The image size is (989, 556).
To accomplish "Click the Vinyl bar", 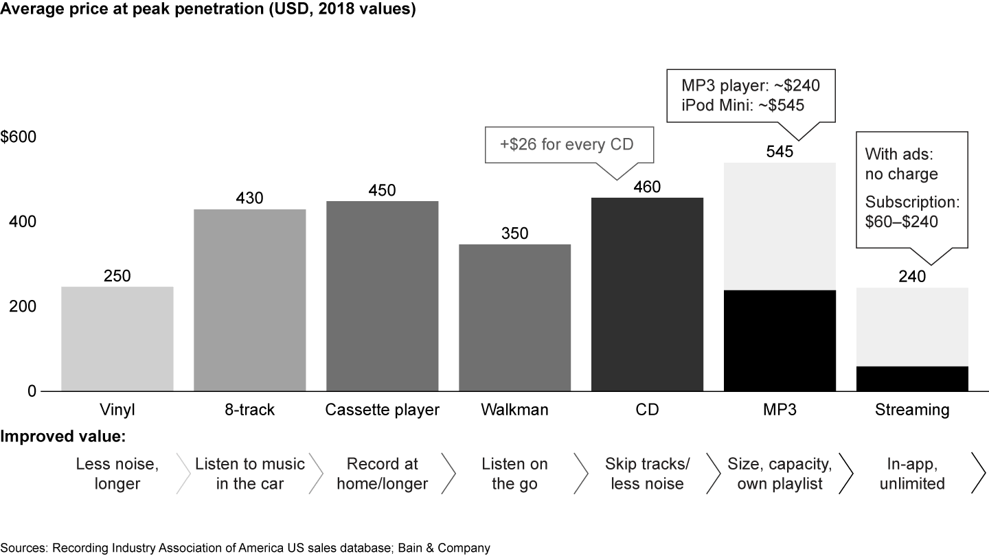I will [117, 338].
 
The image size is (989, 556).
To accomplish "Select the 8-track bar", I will [249, 300].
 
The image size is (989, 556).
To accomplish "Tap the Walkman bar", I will [514, 317].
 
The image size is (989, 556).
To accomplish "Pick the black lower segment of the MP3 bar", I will [780, 340].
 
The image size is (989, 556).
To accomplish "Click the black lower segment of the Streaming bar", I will [912, 379].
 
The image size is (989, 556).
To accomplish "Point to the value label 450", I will [382, 190].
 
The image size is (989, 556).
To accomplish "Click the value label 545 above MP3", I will [780, 152].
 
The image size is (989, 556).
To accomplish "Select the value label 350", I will [514, 233].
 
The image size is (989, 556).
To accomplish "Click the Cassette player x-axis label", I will [382, 410].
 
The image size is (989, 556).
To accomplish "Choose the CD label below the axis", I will [647, 410].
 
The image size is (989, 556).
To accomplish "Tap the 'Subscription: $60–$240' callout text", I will [911, 212].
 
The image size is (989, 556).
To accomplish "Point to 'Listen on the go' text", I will [514, 474].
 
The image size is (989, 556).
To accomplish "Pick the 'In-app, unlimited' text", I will [912, 474].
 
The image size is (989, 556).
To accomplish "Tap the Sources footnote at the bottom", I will [246, 548].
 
